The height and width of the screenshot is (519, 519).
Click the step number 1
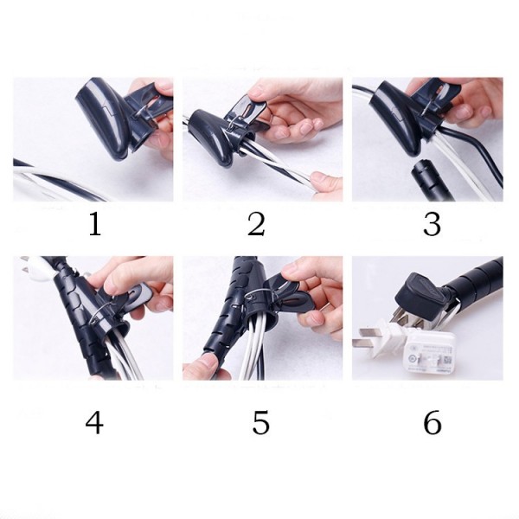click(95, 224)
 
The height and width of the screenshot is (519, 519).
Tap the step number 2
click(257, 224)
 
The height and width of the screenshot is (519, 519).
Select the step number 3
click(432, 224)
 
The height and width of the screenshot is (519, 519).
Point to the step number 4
click(94, 422)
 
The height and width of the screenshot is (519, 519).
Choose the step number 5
click(261, 422)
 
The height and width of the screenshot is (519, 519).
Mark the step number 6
click(432, 422)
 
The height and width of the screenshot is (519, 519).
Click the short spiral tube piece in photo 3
click(427, 181)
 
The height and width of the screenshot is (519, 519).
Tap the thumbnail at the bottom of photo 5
click(206, 362)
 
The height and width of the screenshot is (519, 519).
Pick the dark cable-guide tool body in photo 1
click(109, 116)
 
